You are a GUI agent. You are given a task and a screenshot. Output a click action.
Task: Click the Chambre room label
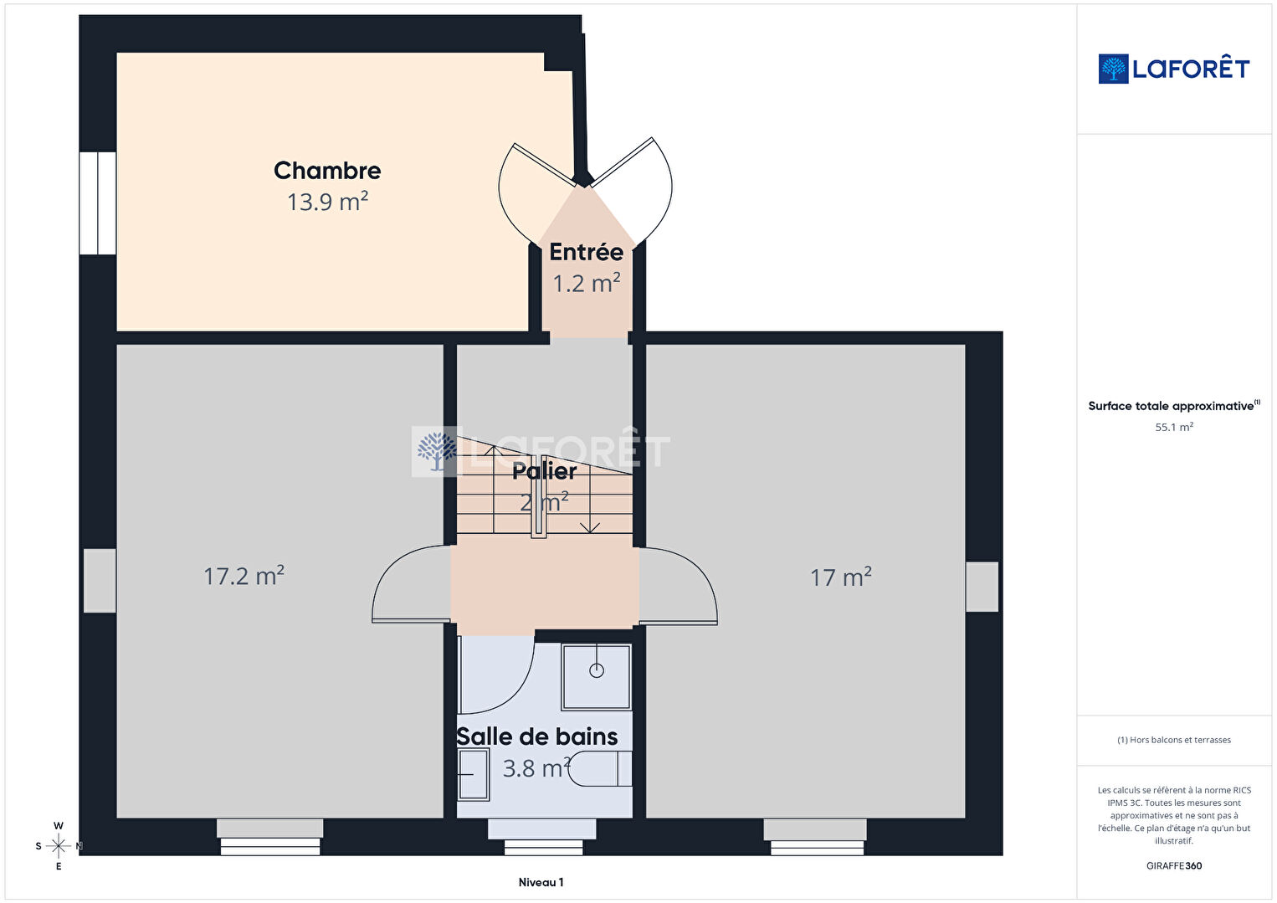click(327, 171)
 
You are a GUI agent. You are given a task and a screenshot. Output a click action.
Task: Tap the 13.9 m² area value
click(327, 202)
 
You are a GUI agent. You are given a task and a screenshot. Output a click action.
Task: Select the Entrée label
click(586, 252)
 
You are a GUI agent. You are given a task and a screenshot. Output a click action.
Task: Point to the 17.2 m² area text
click(244, 576)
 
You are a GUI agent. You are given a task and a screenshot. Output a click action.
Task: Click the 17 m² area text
click(841, 577)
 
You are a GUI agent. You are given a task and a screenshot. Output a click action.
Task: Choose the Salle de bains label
click(537, 736)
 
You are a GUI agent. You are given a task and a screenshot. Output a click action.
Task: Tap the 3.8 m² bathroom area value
click(536, 768)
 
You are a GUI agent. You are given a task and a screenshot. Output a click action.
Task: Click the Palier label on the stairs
click(545, 471)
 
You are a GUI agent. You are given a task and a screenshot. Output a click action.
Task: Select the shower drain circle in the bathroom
click(597, 670)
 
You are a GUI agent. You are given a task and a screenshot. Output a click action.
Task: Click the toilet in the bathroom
click(600, 769)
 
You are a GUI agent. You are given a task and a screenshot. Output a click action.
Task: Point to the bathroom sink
click(474, 774)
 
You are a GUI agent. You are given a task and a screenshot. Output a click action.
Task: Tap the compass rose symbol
click(58, 846)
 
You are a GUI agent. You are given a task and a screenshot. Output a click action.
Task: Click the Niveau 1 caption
click(541, 882)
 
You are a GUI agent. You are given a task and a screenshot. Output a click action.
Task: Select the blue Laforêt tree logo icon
click(1113, 69)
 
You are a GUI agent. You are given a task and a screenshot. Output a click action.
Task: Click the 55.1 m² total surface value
click(1174, 427)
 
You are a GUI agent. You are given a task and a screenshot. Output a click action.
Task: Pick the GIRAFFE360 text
click(1174, 865)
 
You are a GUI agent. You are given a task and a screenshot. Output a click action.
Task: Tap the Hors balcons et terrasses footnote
click(1174, 740)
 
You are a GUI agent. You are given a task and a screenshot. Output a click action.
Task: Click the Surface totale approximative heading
click(1174, 405)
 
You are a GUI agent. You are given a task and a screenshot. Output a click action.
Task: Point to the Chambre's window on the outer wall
click(97, 203)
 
